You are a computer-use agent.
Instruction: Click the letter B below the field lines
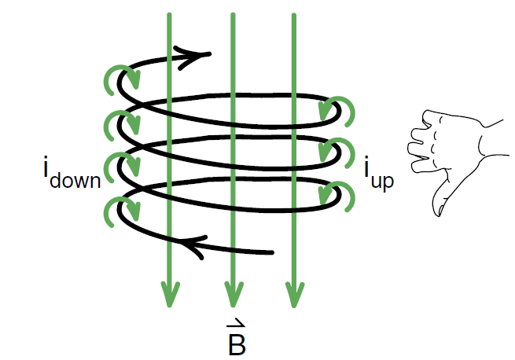237,345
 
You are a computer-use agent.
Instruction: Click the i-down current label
72,174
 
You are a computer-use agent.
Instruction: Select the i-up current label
379,173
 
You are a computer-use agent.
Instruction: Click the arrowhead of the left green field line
170,294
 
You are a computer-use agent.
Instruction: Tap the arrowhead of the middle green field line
234,294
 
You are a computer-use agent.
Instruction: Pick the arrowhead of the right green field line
294,294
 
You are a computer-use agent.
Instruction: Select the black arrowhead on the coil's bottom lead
194,246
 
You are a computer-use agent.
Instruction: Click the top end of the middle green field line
234,14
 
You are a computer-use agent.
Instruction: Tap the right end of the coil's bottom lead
271,252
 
